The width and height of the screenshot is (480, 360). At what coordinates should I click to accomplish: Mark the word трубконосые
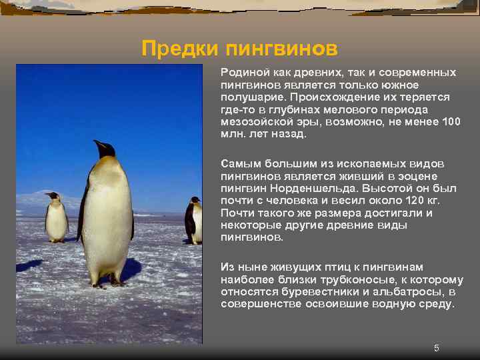pyautogui.click(x=355, y=279)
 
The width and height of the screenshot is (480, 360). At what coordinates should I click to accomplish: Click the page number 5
pyautogui.click(x=437, y=348)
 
